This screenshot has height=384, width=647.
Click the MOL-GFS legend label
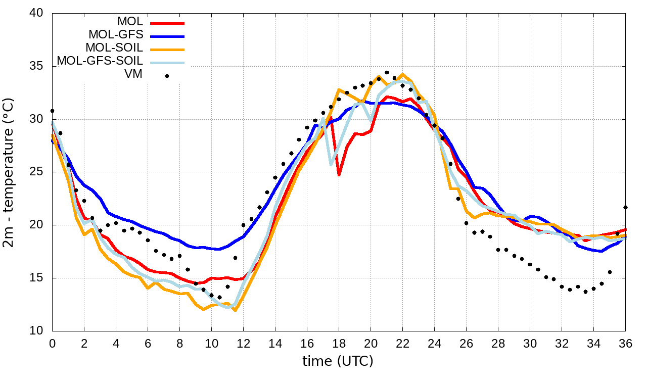(116, 35)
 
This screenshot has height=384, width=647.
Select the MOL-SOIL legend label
(114, 48)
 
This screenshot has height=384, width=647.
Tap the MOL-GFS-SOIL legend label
(100, 61)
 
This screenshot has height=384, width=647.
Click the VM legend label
(133, 74)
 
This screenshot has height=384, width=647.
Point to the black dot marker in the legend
(167, 76)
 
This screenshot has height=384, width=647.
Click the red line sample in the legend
(167, 23)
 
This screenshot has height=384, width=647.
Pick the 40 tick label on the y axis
(37, 14)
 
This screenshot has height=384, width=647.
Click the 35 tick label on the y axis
(37, 67)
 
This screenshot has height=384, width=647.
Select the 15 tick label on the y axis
(37, 278)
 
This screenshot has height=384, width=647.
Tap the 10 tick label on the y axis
(37, 331)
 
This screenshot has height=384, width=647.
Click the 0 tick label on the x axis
(52, 343)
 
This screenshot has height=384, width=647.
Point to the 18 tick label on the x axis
(339, 343)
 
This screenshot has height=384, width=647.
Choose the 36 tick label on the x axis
(625, 343)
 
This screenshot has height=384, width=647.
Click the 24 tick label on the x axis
(434, 343)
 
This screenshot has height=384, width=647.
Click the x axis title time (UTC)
(338, 361)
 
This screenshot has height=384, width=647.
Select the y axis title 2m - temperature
(9, 172)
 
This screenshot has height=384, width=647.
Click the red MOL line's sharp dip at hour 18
(339, 175)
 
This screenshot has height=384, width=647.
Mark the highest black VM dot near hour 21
(387, 72)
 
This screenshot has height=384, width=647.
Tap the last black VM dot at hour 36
(625, 207)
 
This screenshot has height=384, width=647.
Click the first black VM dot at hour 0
(52, 111)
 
